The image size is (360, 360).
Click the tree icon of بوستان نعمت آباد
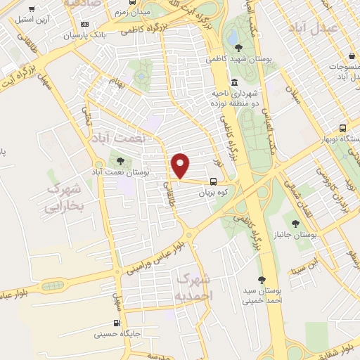coord(120,161)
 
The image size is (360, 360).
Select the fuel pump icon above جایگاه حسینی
coord(117,324)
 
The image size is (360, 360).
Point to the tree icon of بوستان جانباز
coord(295,224)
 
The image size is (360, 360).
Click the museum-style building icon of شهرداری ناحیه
coord(234,83)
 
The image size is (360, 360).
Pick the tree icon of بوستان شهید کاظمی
coord(239,49)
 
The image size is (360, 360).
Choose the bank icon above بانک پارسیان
coord(85,25)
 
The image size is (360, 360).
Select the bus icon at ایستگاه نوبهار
coord(342,129)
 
